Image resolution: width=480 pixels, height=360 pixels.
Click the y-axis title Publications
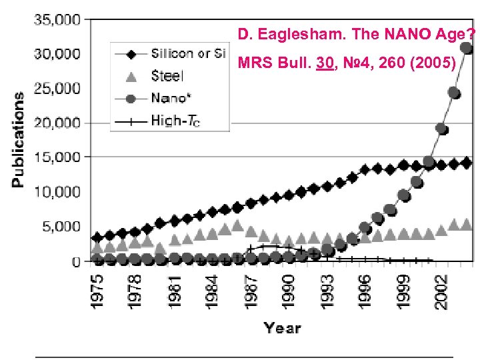(x=19, y=139)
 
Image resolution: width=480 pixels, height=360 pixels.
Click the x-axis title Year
(x=282, y=327)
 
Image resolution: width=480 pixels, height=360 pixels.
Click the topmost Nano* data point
(x=467, y=48)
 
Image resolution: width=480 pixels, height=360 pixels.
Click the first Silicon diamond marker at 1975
(x=97, y=237)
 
